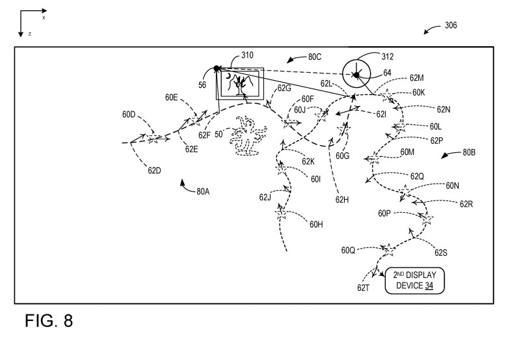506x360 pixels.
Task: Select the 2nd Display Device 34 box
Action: [410, 279]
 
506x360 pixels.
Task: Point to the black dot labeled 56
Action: [217, 68]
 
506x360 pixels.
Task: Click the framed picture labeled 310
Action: [240, 84]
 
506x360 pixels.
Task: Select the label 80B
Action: [468, 153]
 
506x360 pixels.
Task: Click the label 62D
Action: [154, 171]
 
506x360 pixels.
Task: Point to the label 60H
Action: [316, 225]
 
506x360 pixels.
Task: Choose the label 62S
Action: [441, 252]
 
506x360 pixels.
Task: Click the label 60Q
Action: [349, 250]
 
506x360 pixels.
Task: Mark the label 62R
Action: [466, 204]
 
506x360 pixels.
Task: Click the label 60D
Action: [129, 115]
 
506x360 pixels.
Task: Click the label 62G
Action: [284, 89]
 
